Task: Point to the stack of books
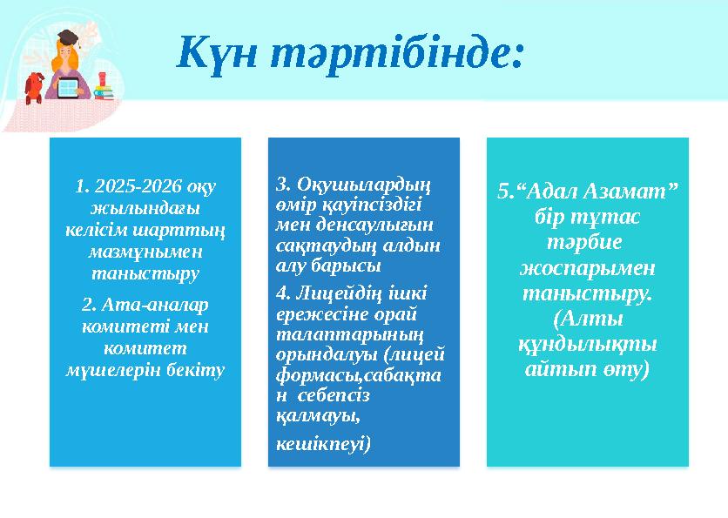pyautogui.click(x=104, y=91)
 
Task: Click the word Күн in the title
pyautogui.click(x=214, y=53)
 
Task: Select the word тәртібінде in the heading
pyautogui.click(x=396, y=53)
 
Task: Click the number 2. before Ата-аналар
pyautogui.click(x=87, y=304)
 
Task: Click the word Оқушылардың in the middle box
pyautogui.click(x=365, y=184)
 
